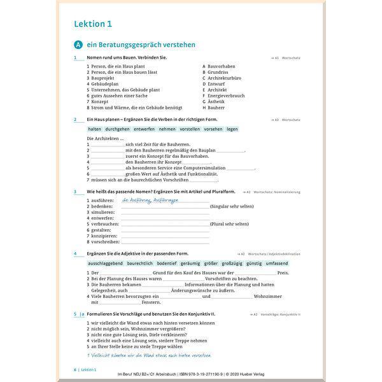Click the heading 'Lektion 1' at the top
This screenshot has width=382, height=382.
92,24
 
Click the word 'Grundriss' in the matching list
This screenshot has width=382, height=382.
218,72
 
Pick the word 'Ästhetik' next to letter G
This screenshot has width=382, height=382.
216,102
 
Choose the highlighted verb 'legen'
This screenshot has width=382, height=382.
232,129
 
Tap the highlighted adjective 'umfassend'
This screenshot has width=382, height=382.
277,262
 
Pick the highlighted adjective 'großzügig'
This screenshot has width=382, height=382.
232,262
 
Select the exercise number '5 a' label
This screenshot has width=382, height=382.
79,314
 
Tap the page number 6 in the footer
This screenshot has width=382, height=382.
75,369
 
